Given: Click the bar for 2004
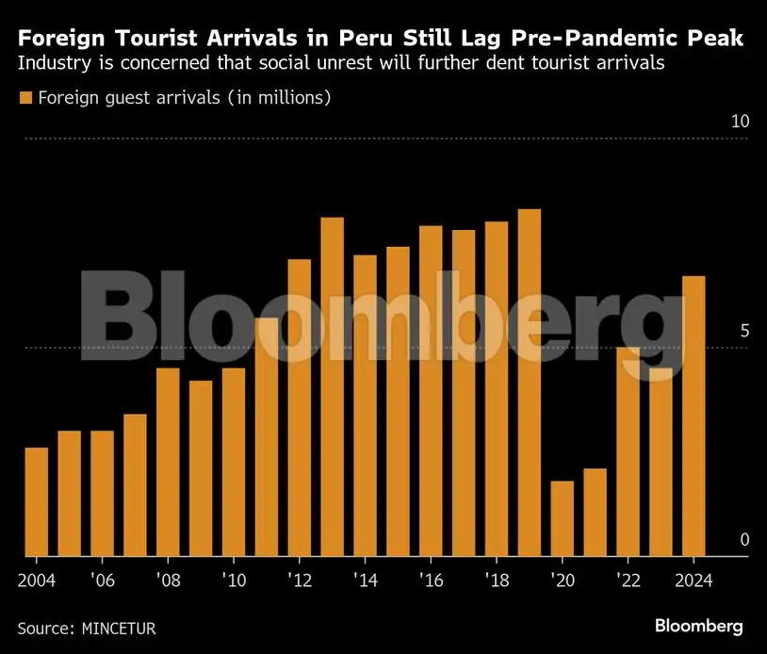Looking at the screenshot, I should click(36, 501).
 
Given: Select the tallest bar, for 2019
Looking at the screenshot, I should click(530, 383).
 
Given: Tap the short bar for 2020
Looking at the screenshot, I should click(563, 518).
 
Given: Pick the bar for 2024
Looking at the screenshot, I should click(694, 416).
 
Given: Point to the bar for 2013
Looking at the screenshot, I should click(333, 386).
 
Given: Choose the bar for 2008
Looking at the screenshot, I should click(168, 462).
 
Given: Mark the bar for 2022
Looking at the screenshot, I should click(628, 451).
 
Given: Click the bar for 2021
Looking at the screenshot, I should click(595, 512).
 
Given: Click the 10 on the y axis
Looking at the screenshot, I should click(740, 123).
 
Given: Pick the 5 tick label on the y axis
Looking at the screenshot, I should click(744, 332).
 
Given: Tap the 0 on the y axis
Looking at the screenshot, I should click(744, 540).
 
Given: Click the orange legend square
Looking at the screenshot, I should click(25, 98).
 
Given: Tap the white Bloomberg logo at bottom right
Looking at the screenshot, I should click(699, 626).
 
